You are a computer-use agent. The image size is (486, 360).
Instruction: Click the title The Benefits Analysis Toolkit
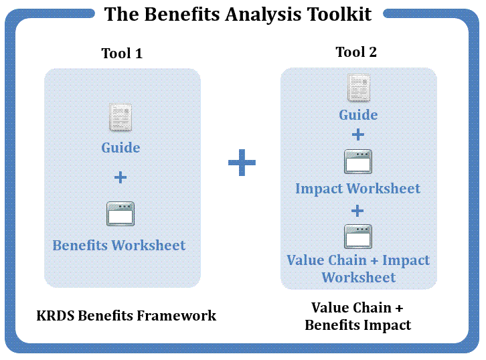tap(238, 14)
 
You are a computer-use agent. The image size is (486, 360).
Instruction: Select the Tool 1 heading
tap(122, 54)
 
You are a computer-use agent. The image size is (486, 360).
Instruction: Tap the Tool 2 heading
tap(356, 52)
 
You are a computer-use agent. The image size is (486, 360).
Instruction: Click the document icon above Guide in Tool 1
tap(120, 117)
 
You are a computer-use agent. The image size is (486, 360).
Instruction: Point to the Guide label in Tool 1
tap(120, 147)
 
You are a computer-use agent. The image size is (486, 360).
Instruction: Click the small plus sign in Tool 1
tap(120, 177)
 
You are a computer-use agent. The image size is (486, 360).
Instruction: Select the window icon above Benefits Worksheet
tap(120, 213)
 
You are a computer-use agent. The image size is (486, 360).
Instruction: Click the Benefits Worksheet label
tap(119, 246)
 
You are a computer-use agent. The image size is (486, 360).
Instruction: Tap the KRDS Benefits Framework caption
tap(126, 316)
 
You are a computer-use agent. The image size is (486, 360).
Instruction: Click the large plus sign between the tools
tap(242, 163)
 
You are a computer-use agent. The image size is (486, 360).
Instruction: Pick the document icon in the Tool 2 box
tap(359, 88)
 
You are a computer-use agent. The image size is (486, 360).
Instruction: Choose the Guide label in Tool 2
tap(358, 115)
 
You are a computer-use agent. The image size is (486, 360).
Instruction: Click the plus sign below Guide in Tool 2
tap(358, 134)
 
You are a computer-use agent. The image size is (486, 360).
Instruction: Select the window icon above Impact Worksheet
tap(358, 162)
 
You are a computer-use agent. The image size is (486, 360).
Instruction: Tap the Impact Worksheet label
tap(357, 189)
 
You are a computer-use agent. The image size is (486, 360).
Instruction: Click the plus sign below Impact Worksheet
tap(357, 211)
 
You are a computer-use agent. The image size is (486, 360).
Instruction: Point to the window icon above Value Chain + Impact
tap(358, 237)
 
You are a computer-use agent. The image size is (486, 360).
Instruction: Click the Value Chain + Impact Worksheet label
tap(358, 268)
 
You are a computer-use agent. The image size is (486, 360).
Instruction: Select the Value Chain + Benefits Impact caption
tap(357, 317)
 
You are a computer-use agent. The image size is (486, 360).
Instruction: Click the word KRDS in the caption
tap(56, 316)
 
